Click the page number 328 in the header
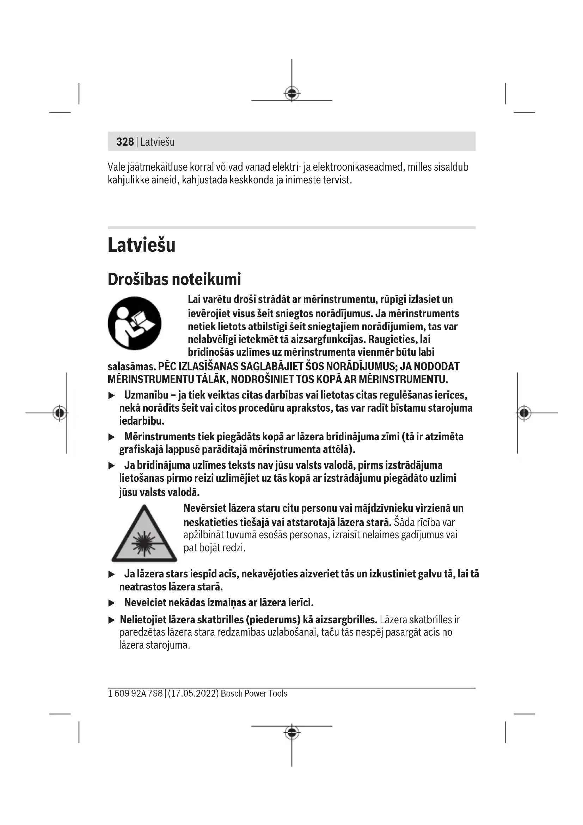click(x=125, y=141)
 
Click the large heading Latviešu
click(x=141, y=245)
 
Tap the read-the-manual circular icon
click(x=135, y=323)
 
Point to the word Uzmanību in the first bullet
click(x=146, y=395)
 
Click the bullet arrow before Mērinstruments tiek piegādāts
click(x=112, y=437)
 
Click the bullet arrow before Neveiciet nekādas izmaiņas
click(x=112, y=603)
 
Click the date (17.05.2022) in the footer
click(x=193, y=693)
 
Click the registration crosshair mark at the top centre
click(x=292, y=93)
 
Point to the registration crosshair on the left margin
click(x=60, y=413)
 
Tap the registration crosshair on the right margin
click(x=524, y=413)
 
